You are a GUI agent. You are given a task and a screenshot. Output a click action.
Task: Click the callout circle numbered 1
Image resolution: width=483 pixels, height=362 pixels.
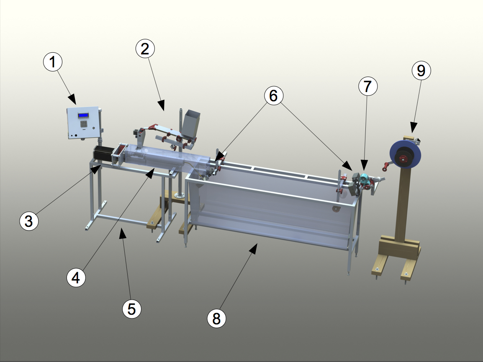coord(53,62)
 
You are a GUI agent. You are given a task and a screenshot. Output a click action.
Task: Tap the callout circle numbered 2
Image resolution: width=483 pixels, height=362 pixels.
coord(145,49)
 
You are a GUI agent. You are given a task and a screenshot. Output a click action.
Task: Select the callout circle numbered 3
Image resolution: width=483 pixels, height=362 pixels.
coord(29,221)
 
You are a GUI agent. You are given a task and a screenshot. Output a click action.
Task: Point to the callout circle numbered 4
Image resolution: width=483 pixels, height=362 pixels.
coord(76,277)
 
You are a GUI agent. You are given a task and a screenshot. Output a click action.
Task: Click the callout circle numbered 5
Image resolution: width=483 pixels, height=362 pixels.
coord(132,309)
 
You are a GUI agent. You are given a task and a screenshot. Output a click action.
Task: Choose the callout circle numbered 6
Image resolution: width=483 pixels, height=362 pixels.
coord(274,95)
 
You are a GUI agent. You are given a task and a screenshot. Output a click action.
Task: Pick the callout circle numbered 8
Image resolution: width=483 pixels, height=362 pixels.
coord(216,318)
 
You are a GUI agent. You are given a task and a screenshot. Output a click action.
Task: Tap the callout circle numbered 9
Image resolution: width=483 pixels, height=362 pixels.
coord(421,70)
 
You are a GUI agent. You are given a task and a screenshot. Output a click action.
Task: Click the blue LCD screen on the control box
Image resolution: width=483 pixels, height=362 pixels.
coord(83,116)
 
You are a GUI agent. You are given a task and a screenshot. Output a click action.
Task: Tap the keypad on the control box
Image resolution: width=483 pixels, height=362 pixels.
coord(83,124)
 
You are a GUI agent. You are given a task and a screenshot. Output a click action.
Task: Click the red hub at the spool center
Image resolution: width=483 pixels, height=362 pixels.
coord(402,159)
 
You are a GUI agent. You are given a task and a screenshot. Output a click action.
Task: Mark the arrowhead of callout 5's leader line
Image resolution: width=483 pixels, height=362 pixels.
coord(123,233)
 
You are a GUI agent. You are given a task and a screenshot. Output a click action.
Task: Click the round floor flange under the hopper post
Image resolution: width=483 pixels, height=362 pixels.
coord(179,195)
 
